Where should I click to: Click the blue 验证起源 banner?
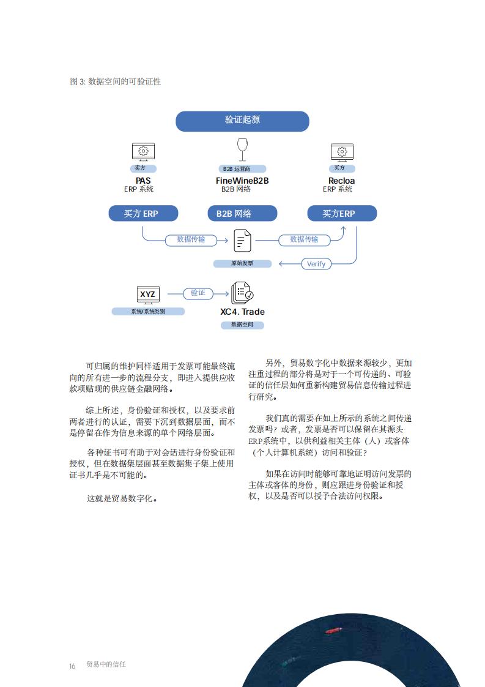click(x=242, y=121)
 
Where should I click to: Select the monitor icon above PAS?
click(x=143, y=152)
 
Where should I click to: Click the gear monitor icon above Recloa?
click(x=342, y=152)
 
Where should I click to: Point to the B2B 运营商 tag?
click(x=242, y=168)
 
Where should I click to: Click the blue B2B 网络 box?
click(x=242, y=213)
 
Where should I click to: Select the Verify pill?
click(x=316, y=264)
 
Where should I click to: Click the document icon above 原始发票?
click(x=242, y=241)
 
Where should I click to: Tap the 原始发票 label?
click(x=242, y=263)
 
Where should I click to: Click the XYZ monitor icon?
click(x=147, y=295)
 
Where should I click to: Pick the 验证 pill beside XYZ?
click(x=198, y=293)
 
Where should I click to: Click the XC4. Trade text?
click(x=242, y=312)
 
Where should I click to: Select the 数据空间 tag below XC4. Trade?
click(x=242, y=325)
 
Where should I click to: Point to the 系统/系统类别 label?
click(x=148, y=312)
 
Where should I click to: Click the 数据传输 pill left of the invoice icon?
click(x=191, y=239)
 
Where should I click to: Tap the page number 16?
click(x=72, y=666)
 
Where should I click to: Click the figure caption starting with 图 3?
click(x=116, y=81)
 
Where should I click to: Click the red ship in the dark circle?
click(x=334, y=631)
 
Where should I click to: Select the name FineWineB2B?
click(x=242, y=181)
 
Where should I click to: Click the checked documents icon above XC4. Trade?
click(x=242, y=293)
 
